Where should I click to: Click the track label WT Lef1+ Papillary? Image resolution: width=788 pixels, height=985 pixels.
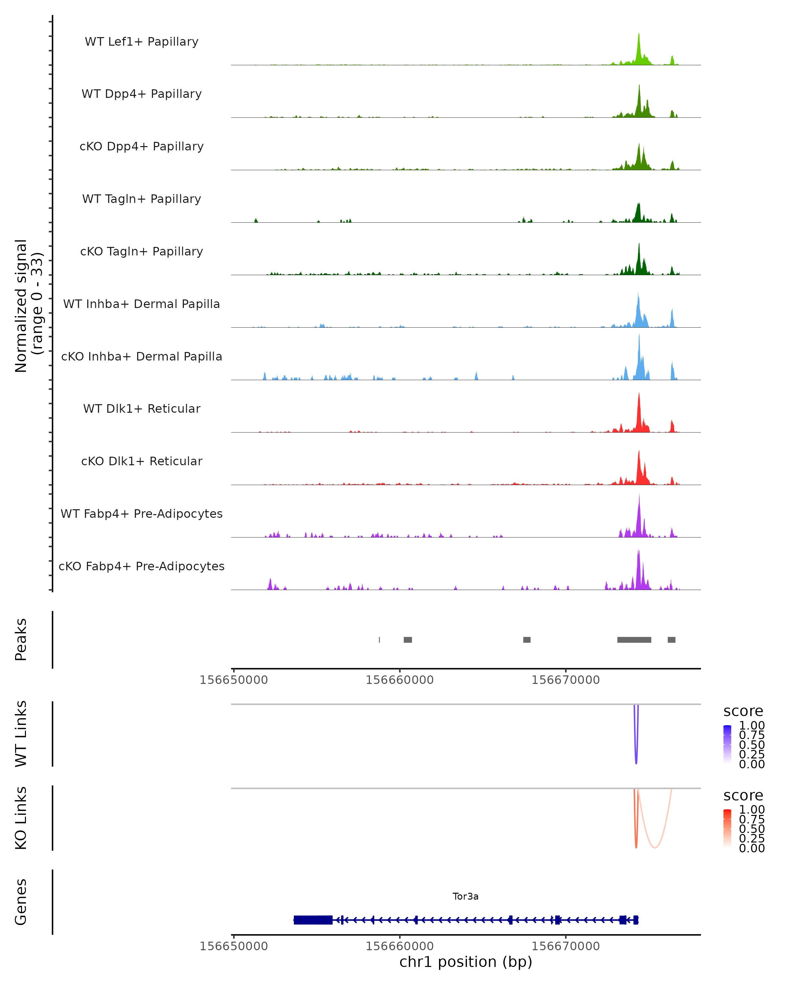[x=142, y=42]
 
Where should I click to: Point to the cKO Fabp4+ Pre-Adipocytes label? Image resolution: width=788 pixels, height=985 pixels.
[x=142, y=566]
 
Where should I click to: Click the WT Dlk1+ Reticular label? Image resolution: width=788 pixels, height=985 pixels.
[x=142, y=408]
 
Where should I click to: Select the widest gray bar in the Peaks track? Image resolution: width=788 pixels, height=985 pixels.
[x=634, y=640]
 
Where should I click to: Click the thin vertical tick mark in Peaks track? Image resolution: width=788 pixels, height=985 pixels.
[x=379, y=640]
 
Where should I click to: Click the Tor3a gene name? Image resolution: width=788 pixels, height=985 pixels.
[x=466, y=896]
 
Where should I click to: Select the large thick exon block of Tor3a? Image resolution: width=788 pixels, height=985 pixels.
[x=313, y=920]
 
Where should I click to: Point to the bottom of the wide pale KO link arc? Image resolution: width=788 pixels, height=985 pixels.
[x=655, y=847]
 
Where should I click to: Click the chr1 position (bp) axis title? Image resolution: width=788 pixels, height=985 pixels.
[x=466, y=962]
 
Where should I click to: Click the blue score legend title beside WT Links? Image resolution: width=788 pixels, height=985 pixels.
[x=743, y=711]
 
